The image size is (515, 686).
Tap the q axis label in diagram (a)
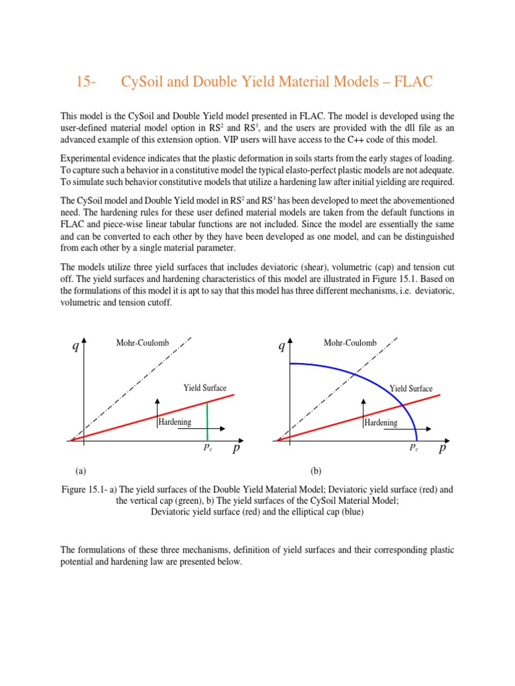[x=76, y=346]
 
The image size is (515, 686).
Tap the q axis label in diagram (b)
[x=282, y=346]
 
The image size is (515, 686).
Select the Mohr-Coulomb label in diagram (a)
[x=143, y=344]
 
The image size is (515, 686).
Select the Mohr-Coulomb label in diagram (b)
[x=350, y=344]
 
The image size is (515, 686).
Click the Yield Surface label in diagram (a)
[x=205, y=388]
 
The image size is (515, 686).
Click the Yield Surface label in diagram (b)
[x=411, y=389]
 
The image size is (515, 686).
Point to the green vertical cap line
[x=207, y=422]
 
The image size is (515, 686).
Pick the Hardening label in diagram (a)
[x=175, y=422]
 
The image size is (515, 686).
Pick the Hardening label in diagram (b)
[x=381, y=423]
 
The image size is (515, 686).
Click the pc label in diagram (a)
[x=208, y=448]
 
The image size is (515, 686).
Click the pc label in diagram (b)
[x=414, y=448]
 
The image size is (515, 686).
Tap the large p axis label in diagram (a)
[x=236, y=448]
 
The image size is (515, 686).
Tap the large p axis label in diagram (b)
[x=443, y=448]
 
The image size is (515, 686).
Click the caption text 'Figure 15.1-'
[x=84, y=490]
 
